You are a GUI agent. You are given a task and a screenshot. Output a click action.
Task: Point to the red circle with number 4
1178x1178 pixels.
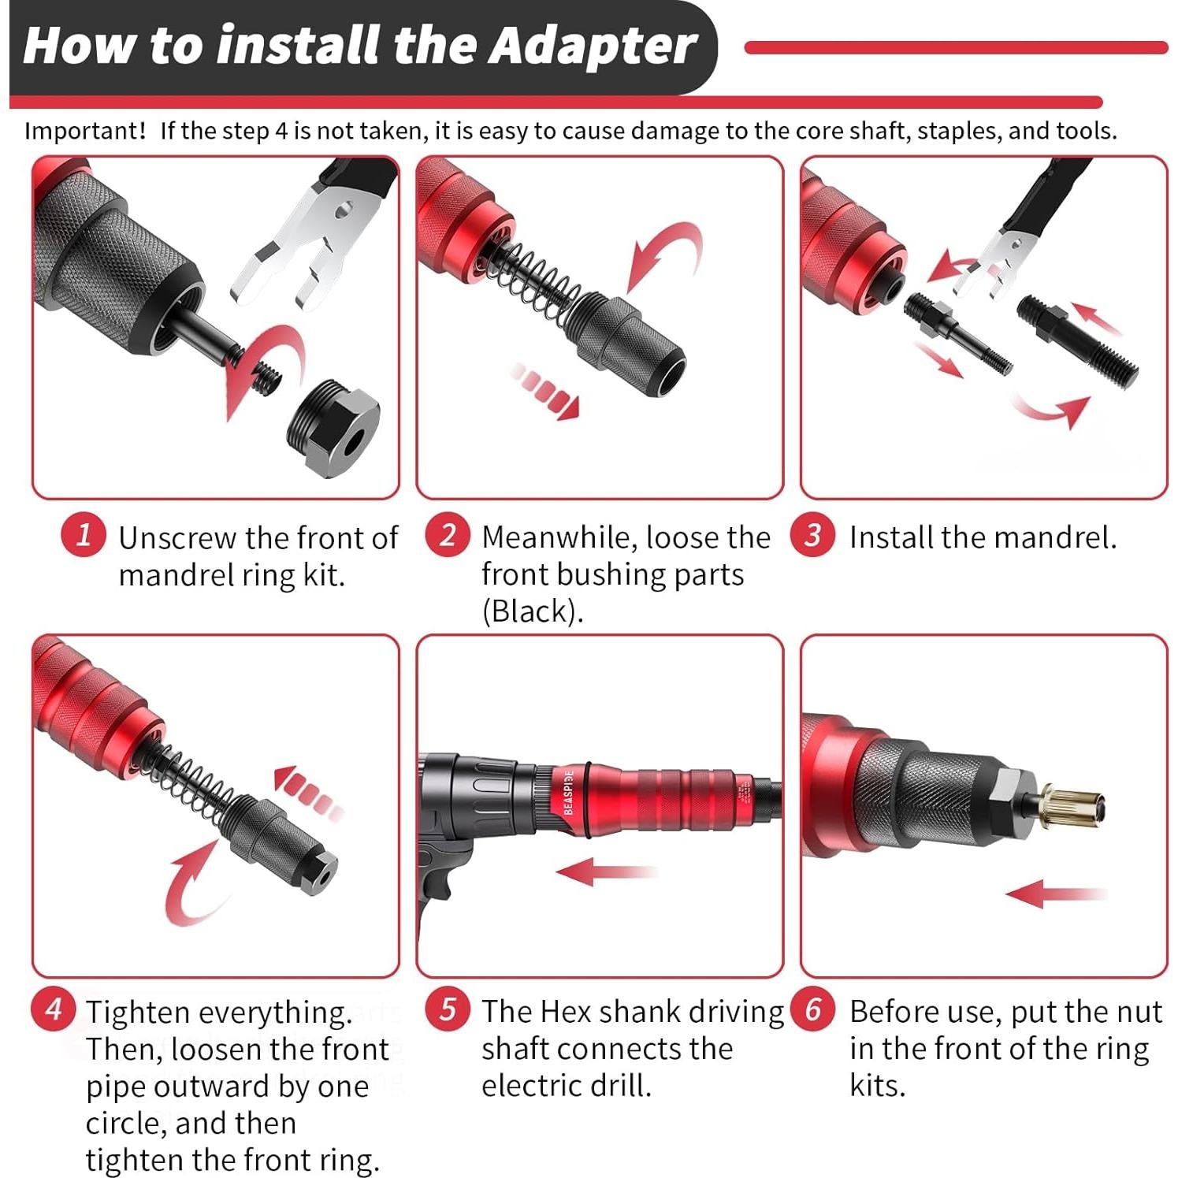point(54,1009)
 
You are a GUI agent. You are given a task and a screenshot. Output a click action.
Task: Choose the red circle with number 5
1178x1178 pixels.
point(448,1009)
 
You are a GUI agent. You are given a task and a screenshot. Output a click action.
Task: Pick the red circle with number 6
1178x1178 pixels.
point(812,1009)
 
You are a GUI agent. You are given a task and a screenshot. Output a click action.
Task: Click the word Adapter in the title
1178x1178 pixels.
point(593,46)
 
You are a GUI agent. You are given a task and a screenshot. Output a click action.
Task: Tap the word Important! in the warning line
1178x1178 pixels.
point(85,131)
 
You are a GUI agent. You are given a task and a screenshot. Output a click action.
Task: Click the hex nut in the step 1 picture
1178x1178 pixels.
point(333,428)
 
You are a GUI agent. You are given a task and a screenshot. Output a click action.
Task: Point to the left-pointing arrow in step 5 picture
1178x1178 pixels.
point(605,871)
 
